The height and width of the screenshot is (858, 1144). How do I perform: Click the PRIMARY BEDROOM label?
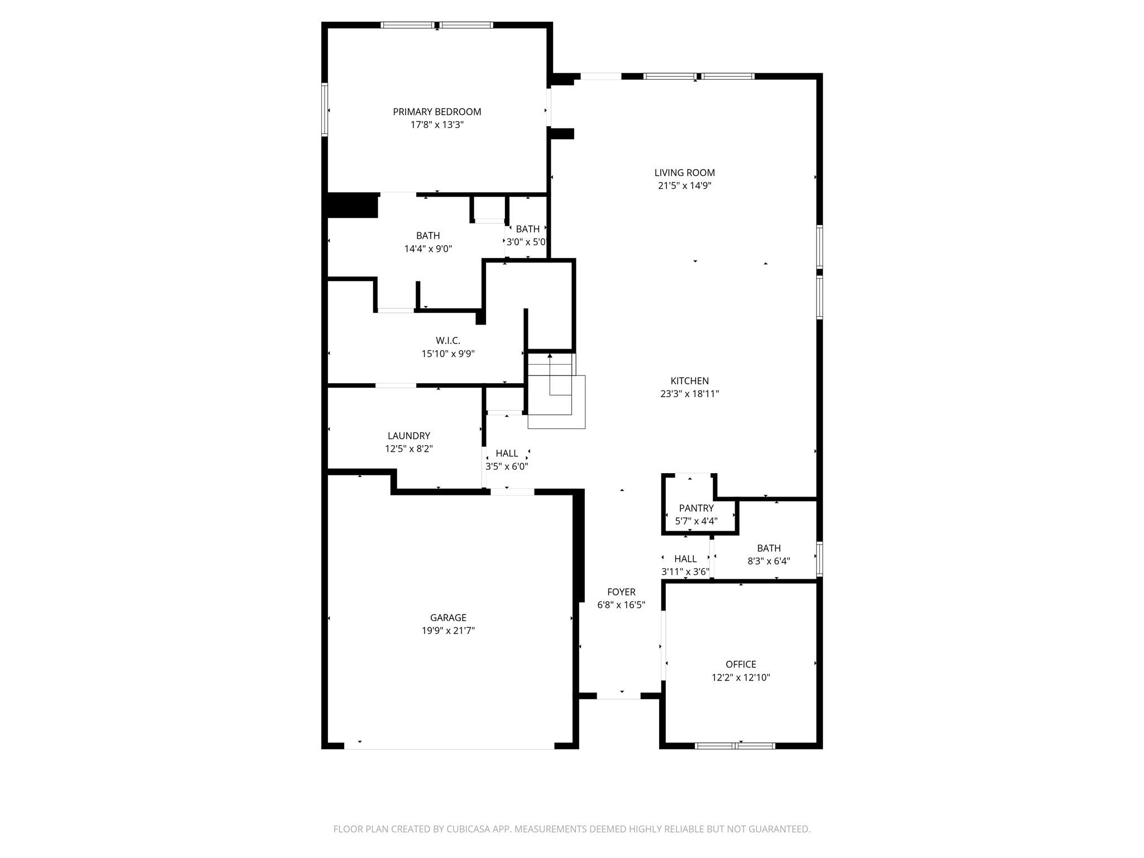pos(437,112)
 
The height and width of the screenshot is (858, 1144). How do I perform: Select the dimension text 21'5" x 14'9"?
pos(684,186)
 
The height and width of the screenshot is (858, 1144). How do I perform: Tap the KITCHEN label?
pos(689,381)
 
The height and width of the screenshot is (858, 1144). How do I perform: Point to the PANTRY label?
pos(696,508)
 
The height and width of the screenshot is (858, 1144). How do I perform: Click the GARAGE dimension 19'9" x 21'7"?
pos(448,631)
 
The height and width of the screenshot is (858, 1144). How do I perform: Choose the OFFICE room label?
pos(741,664)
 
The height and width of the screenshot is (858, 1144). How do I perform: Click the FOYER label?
pos(621,592)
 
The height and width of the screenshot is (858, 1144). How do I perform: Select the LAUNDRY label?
pos(409,436)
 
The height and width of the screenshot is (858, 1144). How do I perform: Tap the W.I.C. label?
pos(448,341)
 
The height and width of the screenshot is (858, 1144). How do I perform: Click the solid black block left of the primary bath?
pos(352,206)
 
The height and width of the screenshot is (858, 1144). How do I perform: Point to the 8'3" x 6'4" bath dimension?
pos(769,561)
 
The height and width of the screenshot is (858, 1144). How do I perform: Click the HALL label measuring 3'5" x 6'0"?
pos(507,454)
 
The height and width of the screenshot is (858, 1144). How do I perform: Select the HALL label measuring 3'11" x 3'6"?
pos(685,559)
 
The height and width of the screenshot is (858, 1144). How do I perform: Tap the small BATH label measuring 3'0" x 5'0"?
pos(527,229)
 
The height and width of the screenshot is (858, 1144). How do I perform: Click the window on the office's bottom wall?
pos(735,746)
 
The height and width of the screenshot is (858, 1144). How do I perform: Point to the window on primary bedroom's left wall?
pos(325,109)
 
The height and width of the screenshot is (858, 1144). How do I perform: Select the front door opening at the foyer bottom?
pos(619,696)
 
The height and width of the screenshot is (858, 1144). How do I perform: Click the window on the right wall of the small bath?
pos(819,558)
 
